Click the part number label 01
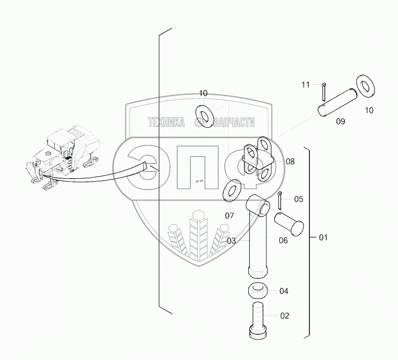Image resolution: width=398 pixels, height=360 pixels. click(x=323, y=237)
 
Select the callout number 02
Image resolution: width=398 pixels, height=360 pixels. click(x=284, y=316)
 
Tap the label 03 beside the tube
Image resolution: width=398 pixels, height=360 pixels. click(x=231, y=241)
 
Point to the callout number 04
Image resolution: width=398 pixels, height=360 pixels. click(x=284, y=291)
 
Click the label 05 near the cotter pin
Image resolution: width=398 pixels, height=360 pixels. click(x=298, y=199)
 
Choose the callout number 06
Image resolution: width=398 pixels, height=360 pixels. click(x=283, y=241)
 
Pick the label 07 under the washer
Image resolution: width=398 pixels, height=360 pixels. click(x=229, y=216)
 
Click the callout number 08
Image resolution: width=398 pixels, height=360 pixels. click(x=290, y=161)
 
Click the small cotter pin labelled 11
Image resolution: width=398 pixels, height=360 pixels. click(x=324, y=91)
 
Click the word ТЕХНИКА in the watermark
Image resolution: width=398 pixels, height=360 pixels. click(x=165, y=122)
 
